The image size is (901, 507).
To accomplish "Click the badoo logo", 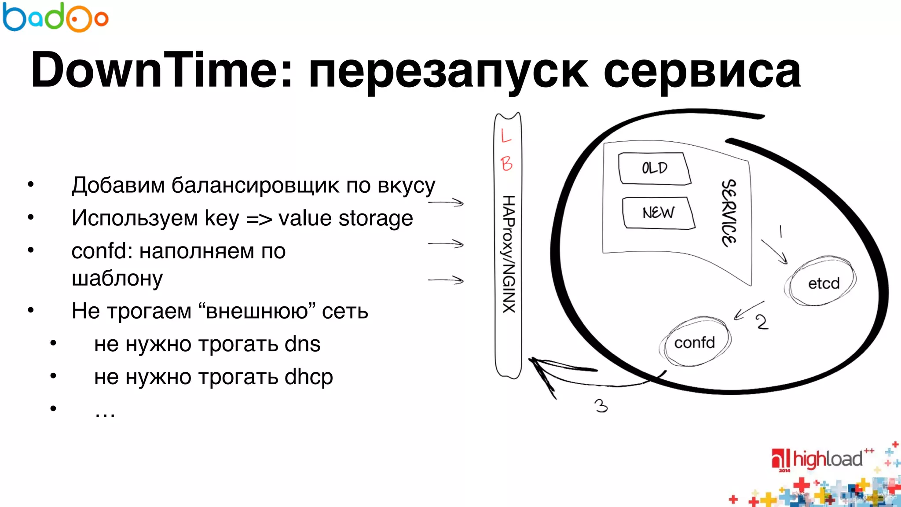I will (55, 18).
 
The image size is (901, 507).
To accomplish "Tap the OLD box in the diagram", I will (654, 168).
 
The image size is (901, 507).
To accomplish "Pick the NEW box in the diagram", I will (658, 213).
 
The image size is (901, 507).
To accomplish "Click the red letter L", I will (506, 135).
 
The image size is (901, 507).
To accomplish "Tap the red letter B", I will (506, 164).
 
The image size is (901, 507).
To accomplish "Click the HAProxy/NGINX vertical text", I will (509, 254).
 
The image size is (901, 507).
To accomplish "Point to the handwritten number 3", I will (601, 405).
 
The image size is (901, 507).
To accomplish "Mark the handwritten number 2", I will (762, 322).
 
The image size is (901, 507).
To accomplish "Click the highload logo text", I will (827, 459).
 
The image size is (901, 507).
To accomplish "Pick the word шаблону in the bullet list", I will (117, 278).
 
